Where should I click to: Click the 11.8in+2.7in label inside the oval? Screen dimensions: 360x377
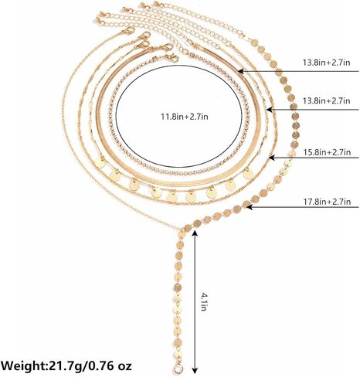[185, 117]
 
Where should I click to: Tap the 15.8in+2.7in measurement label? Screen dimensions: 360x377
[327, 152]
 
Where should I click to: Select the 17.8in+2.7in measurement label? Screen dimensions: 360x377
[327, 201]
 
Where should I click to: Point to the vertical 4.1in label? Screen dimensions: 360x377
[204, 301]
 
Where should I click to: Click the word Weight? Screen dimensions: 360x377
[22, 366]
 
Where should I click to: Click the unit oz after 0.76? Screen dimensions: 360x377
[125, 367]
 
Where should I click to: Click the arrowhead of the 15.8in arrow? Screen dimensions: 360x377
[272, 158]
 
